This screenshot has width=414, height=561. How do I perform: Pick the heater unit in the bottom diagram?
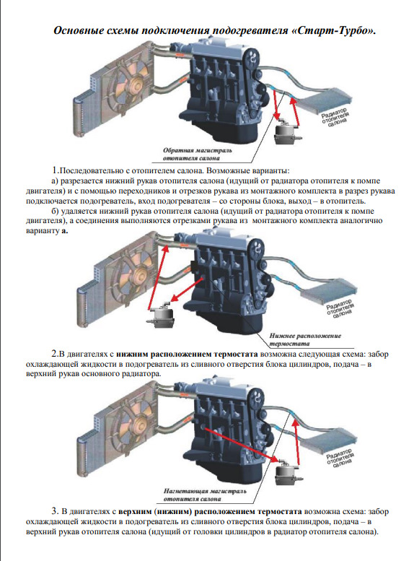[289, 472]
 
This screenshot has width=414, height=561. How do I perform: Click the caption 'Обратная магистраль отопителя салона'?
[197, 155]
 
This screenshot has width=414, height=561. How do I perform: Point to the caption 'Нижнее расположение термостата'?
[305, 339]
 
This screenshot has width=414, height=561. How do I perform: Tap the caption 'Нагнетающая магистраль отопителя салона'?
[205, 495]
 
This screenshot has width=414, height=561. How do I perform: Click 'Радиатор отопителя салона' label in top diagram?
[335, 116]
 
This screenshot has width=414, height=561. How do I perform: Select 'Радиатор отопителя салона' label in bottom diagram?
[340, 458]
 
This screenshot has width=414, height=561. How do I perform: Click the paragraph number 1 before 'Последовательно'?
[55, 170]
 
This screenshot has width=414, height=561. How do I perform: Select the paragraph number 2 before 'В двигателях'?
[55, 354]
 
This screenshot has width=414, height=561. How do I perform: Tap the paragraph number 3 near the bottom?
[55, 511]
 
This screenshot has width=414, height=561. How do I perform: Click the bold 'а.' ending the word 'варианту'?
[65, 231]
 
